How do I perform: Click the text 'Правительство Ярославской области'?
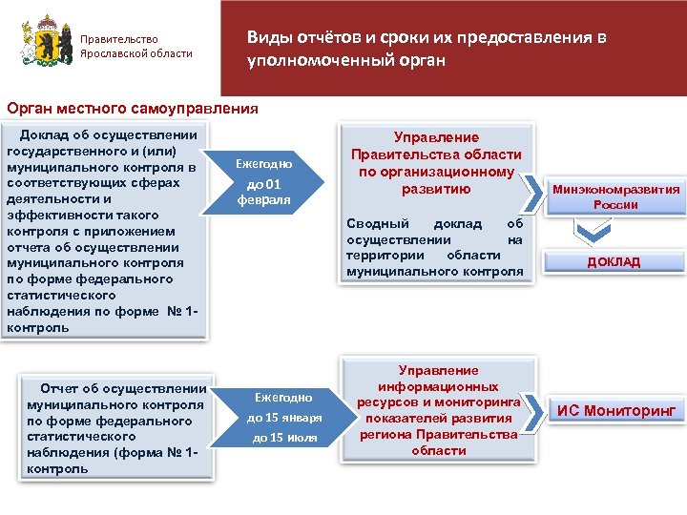pos(135,46)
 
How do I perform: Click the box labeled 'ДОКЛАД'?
pos(614,261)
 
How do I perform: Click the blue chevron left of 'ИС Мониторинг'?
pos(534,409)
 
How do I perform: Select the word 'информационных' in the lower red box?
pos(439,387)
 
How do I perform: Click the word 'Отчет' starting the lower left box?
pos(60,387)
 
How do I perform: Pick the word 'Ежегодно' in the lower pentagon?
pos(284,396)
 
